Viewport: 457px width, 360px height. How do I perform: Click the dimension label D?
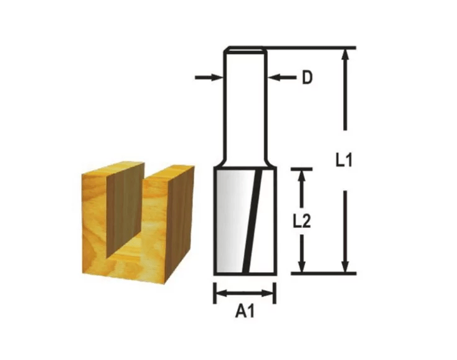[307, 77]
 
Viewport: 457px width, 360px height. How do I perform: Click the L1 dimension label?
[344, 160]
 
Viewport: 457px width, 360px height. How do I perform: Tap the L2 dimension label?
[302, 221]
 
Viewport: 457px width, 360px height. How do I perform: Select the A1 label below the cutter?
[245, 311]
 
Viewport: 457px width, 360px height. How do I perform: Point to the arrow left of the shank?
[209, 77]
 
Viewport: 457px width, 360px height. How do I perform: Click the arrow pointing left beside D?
[282, 77]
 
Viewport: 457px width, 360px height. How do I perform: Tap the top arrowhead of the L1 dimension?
[346, 55]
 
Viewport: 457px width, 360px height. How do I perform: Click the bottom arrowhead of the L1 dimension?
[346, 266]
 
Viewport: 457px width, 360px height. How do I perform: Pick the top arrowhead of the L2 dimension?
[302, 176]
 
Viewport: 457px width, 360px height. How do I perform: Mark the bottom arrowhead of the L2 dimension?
[302, 266]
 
